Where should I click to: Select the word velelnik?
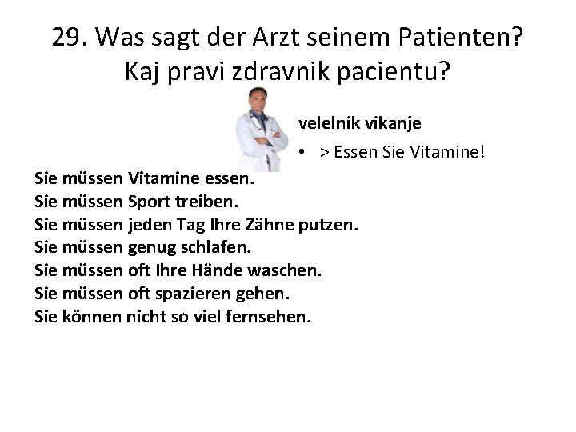[327, 123]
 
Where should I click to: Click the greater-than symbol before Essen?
[326, 151]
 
